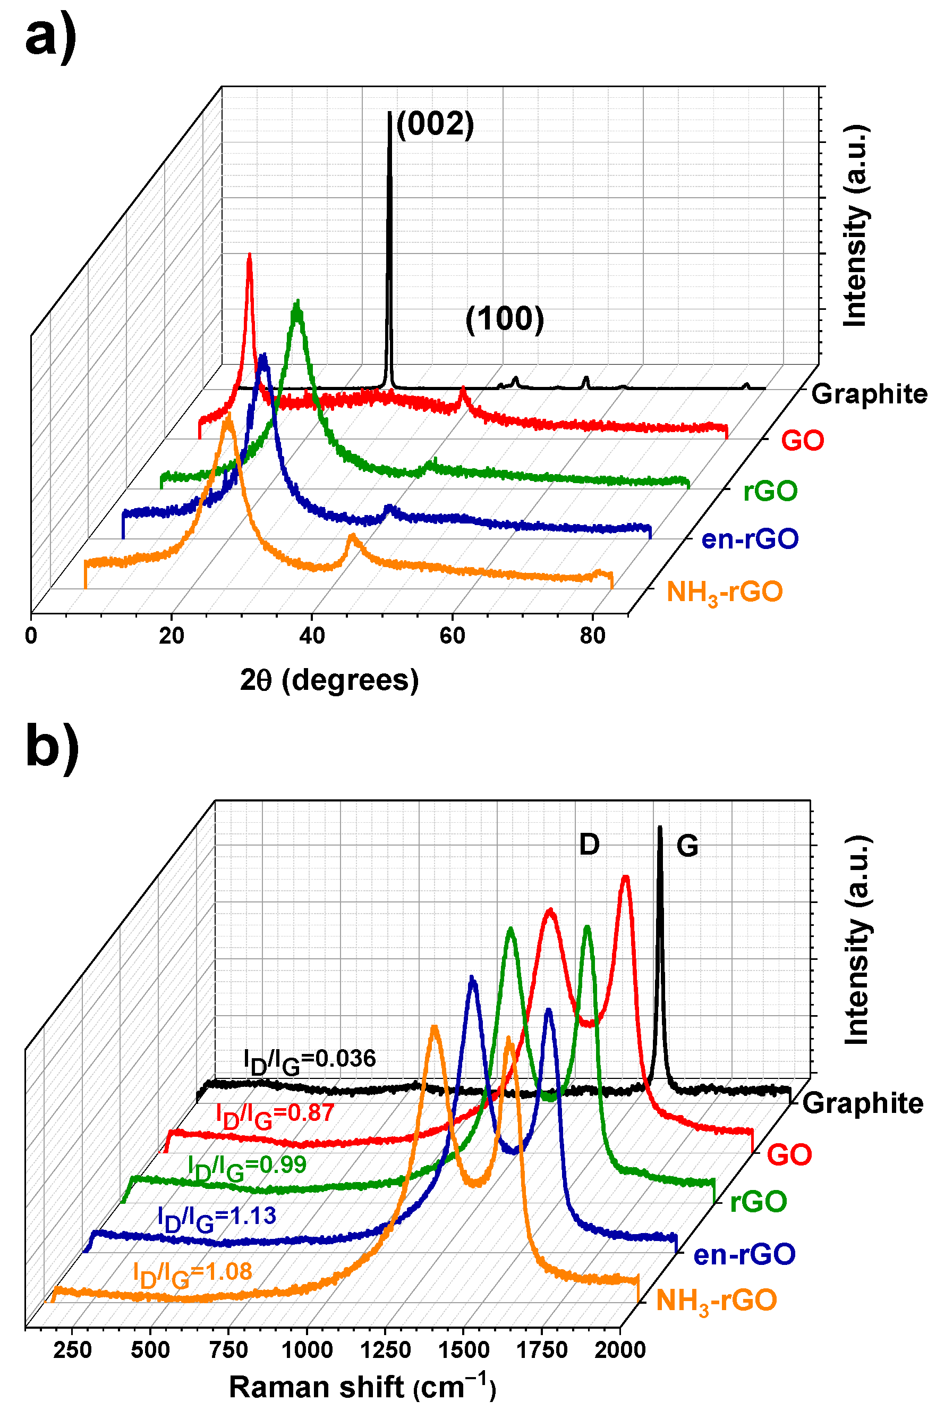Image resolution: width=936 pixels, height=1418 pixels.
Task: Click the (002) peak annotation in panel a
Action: [435, 125]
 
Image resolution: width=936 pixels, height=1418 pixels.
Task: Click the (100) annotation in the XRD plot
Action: [505, 319]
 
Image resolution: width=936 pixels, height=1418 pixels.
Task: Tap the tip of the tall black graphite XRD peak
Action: [390, 113]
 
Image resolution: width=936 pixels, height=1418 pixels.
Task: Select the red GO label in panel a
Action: [802, 441]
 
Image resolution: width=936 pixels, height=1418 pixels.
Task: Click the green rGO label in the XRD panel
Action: [770, 492]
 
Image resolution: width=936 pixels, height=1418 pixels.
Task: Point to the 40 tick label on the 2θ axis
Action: [312, 636]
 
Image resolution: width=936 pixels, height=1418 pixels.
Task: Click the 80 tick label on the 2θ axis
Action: [593, 636]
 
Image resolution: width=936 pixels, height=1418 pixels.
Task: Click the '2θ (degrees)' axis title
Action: [329, 680]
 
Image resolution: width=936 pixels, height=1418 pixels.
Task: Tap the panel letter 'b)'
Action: [52, 746]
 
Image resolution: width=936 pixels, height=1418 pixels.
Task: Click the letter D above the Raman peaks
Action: [589, 845]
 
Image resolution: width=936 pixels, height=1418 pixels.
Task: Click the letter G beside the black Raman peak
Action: [687, 846]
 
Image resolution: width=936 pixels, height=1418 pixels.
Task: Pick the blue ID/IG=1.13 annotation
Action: [217, 1217]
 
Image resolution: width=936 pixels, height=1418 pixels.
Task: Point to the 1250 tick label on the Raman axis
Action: [386, 1350]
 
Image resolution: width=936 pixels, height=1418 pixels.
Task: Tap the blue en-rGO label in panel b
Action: [744, 1254]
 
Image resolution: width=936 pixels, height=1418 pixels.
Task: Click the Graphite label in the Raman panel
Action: [863, 1103]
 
